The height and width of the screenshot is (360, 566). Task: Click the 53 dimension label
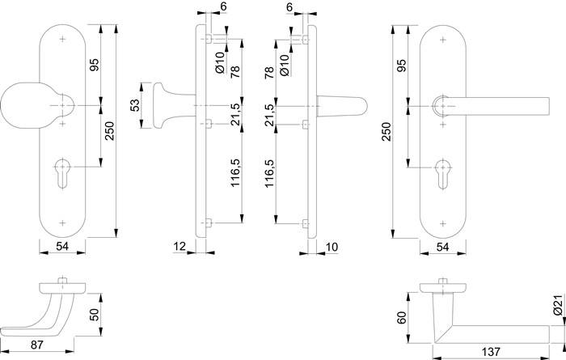[133, 106]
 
